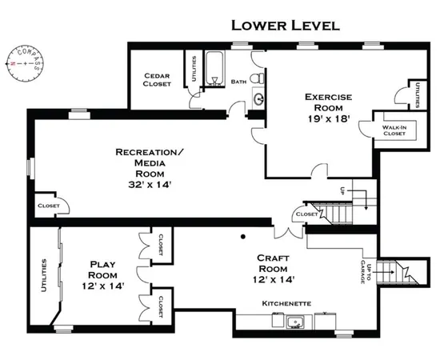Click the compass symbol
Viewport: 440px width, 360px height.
click(25, 63)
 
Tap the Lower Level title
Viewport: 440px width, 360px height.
click(286, 26)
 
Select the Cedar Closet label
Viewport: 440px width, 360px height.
click(157, 80)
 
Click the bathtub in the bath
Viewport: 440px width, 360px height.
click(214, 68)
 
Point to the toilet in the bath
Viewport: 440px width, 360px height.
click(257, 78)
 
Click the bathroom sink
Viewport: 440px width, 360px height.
click(258, 98)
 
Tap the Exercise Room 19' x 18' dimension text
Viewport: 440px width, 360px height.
click(328, 119)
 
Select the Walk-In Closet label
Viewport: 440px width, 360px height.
click(394, 130)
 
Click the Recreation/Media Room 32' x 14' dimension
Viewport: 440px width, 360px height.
click(150, 185)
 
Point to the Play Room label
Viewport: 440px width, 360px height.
click(102, 270)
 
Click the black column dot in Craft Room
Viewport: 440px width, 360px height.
click(243, 237)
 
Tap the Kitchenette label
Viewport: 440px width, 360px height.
click(286, 303)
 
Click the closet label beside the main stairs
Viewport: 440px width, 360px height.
click(307, 214)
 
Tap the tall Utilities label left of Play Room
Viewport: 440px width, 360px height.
click(44, 275)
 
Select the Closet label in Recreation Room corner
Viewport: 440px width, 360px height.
click(49, 206)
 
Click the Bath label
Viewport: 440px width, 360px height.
click(239, 82)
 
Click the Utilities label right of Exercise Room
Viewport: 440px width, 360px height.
click(418, 95)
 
